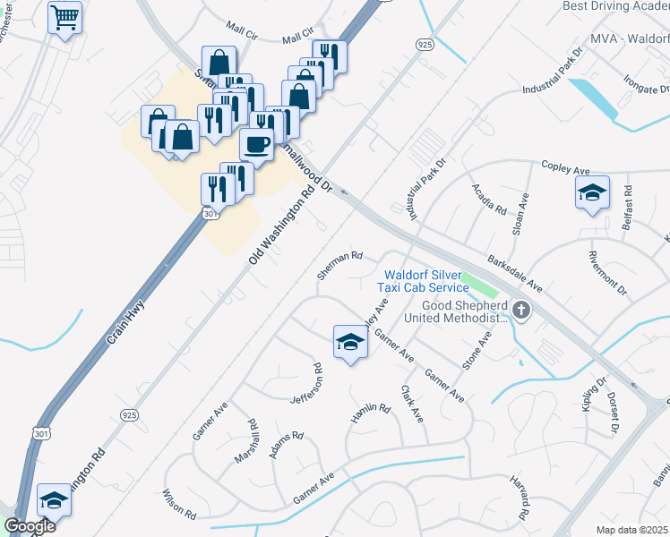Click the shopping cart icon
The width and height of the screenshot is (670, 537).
click(x=65, y=18)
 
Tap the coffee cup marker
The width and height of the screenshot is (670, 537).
click(x=257, y=145)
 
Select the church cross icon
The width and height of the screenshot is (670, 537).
click(x=521, y=311)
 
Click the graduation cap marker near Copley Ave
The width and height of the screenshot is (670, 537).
click(x=591, y=193)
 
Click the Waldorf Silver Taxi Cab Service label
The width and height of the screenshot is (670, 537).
click(x=426, y=281)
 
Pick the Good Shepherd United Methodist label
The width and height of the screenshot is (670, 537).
click(x=453, y=311)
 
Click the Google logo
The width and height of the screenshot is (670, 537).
click(x=30, y=526)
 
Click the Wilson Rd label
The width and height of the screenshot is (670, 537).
click(x=179, y=504)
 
